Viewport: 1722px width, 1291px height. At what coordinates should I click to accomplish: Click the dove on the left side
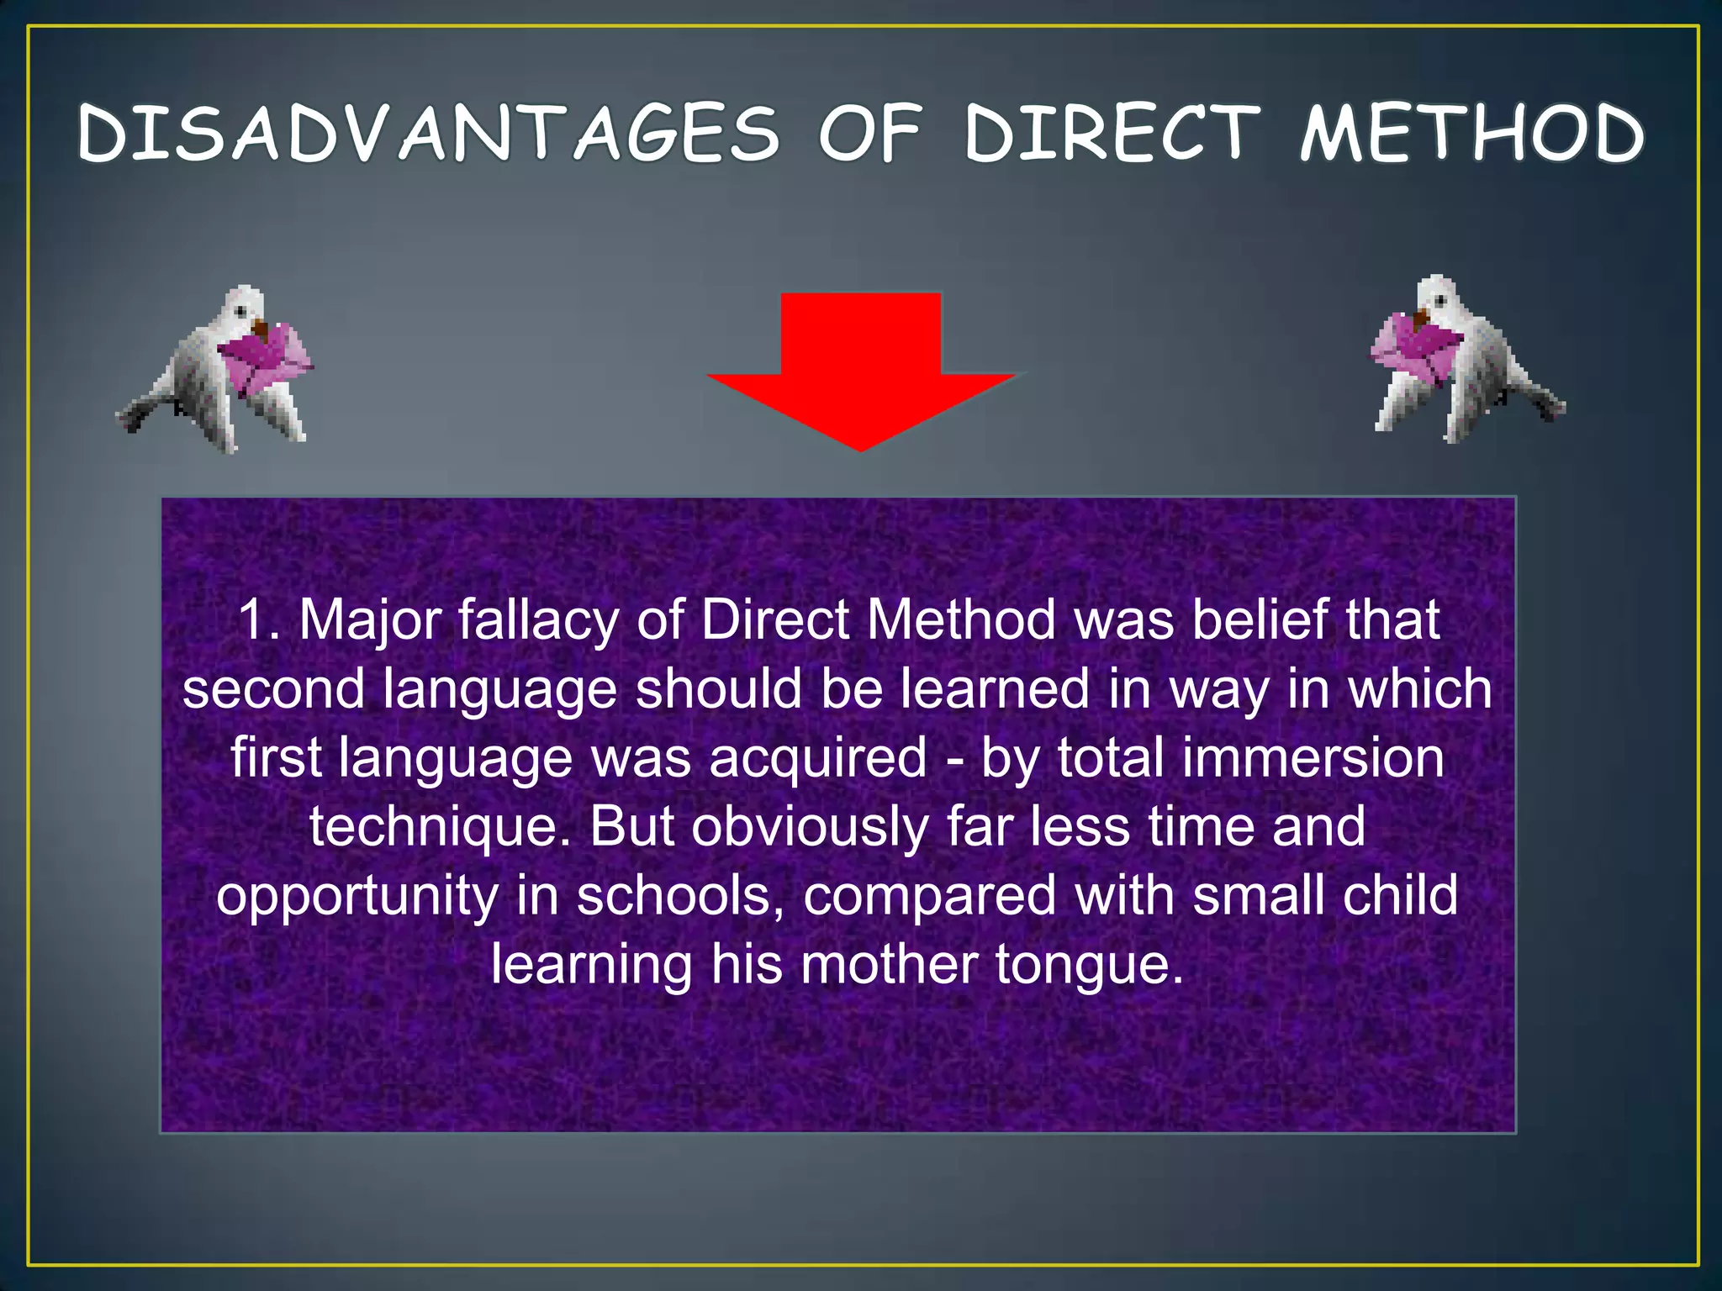(x=210, y=370)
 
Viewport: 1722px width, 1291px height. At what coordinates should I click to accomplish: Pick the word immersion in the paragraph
(x=1313, y=758)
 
